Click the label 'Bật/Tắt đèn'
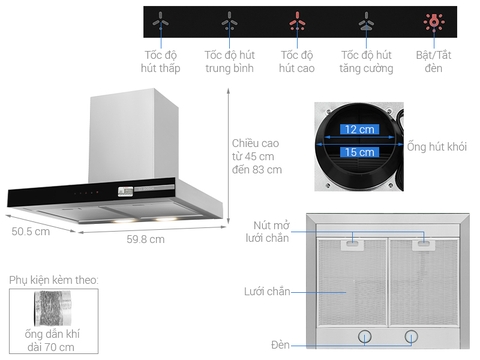pos(434,60)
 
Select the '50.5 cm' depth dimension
pos(30,232)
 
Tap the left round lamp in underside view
pos(365,336)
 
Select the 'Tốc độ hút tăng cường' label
pos(363,60)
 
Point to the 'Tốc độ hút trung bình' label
pos(229,60)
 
